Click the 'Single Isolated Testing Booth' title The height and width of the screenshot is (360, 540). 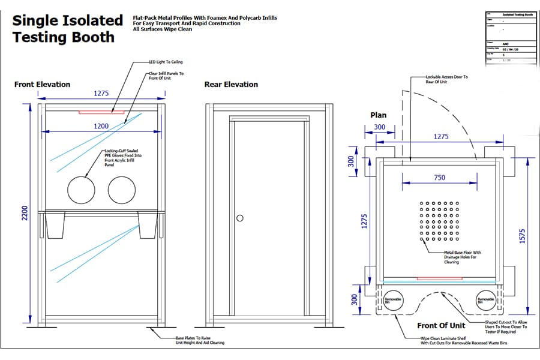pos(67,28)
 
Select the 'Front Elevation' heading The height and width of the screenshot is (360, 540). pos(42,85)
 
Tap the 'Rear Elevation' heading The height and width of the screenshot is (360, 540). pos(231,85)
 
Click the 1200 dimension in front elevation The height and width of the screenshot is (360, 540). pos(101,127)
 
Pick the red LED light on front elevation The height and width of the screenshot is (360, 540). pos(101,112)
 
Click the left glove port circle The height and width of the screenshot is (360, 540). pos(82,190)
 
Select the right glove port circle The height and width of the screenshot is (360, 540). pos(122,190)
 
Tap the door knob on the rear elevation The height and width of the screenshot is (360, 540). pos(240,218)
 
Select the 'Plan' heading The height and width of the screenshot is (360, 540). pos(378,115)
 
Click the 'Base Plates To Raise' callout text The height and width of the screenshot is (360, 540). pos(196,340)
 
